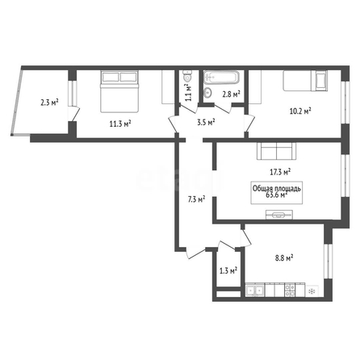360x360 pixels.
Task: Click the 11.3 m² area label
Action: pyautogui.click(x=120, y=123)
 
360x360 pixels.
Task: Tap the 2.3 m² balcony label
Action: pyautogui.click(x=49, y=103)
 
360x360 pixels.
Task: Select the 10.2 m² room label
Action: pyautogui.click(x=300, y=111)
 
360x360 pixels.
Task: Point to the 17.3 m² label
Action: pyautogui.click(x=280, y=172)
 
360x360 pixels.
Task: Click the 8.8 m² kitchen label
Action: pyautogui.click(x=284, y=258)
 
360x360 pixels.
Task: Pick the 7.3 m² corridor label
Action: pyautogui.click(x=196, y=199)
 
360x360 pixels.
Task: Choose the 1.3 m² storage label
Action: pyautogui.click(x=228, y=270)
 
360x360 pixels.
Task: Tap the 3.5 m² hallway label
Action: pyautogui.click(x=206, y=122)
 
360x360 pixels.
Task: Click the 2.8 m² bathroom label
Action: pyautogui.click(x=231, y=94)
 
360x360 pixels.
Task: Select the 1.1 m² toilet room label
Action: pyautogui.click(x=188, y=92)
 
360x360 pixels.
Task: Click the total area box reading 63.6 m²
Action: pyautogui.click(x=277, y=192)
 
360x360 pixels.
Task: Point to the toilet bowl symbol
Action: pyautogui.click(x=187, y=76)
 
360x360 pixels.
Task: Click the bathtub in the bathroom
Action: pyautogui.click(x=221, y=77)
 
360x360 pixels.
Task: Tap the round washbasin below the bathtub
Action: pyautogui.click(x=207, y=92)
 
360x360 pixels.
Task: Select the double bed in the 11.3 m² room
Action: pyautogui.click(x=119, y=91)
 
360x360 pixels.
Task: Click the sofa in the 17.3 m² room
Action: pyautogui.click(x=276, y=151)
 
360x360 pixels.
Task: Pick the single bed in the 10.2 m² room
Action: pyautogui.click(x=305, y=81)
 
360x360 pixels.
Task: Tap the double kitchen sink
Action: pyautogui.click(x=255, y=291)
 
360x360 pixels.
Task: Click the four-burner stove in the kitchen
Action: pyautogui.click(x=290, y=291)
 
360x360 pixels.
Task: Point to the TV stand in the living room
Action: pyautogui.click(x=279, y=215)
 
